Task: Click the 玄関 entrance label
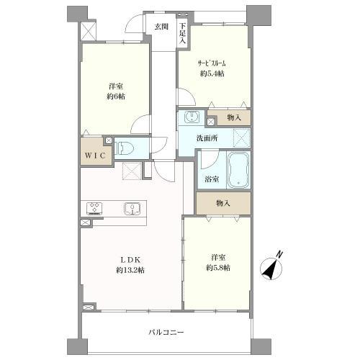pos(161,27)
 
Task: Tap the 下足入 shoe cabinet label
pos(183,33)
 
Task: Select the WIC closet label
pos(95,156)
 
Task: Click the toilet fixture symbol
pos(124,148)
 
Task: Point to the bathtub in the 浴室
pos(238,171)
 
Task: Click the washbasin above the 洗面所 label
pos(192,117)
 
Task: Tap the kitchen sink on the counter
pos(132,209)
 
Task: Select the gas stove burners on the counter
pos(94,209)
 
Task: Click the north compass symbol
pos(271,266)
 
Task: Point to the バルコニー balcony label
pos(166,333)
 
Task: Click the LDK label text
pos(130,260)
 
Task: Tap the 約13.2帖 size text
pos(130,271)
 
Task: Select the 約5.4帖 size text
pos(212,73)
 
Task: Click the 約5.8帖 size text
pos(218,268)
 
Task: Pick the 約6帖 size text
pos(116,96)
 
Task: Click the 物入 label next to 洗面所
pos(234,117)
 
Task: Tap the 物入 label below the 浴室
pos(223,203)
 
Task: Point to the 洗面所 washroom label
pos(207,138)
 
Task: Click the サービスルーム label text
pos(212,63)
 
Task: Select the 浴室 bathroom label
pos(212,179)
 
